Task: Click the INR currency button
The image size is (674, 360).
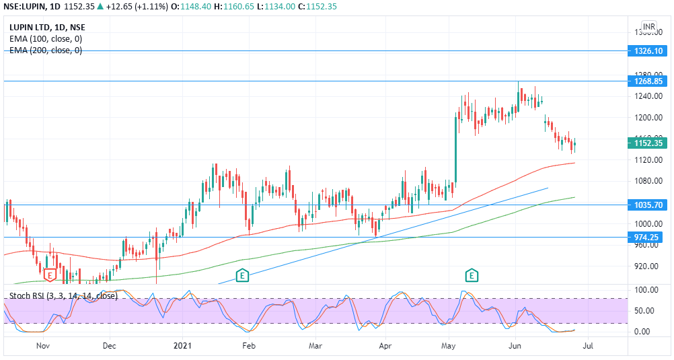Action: point(648,27)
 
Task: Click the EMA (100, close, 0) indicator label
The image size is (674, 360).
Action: point(46,39)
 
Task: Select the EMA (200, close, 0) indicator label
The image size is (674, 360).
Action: point(46,50)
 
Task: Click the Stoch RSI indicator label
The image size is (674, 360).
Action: point(63,295)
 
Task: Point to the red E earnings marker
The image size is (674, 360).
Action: point(49,275)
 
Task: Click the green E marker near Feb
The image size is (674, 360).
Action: point(242,275)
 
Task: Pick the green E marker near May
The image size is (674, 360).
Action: point(472,275)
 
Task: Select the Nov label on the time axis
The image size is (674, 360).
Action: point(43,347)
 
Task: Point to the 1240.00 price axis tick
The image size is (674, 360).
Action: point(644,96)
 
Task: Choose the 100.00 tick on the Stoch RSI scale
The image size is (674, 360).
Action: point(643,290)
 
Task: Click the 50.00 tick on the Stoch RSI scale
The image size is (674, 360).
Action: point(643,311)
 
